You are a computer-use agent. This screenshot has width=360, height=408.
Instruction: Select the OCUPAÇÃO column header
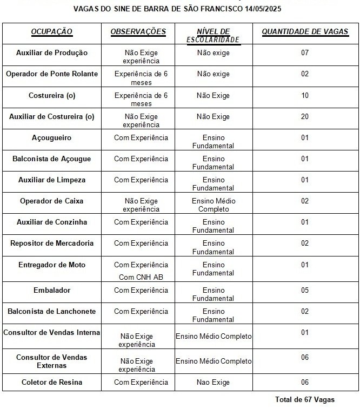(x=52, y=32)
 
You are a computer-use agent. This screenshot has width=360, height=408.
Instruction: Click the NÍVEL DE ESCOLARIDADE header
(x=213, y=36)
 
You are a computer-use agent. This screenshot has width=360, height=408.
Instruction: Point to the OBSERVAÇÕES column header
(x=138, y=32)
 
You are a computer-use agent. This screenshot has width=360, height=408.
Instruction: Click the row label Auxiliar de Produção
(x=52, y=53)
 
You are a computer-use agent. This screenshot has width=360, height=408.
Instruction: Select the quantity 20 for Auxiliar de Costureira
(x=305, y=117)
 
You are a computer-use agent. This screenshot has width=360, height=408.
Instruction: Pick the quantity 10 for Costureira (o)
(x=305, y=96)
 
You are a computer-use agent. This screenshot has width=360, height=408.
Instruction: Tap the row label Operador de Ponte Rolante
(x=52, y=74)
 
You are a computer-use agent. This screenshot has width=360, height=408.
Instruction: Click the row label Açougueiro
(x=52, y=138)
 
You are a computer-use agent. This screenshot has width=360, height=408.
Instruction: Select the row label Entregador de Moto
(x=52, y=265)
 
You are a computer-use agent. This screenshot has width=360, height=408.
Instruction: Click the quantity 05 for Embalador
(x=305, y=291)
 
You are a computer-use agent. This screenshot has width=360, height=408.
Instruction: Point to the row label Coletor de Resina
(x=52, y=383)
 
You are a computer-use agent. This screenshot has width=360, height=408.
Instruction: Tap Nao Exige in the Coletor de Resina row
(x=213, y=383)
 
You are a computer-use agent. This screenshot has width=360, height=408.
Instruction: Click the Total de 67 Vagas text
(x=304, y=400)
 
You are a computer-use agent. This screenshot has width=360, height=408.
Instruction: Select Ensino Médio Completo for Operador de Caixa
(x=213, y=205)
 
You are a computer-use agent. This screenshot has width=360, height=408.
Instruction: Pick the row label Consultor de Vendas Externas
(x=52, y=361)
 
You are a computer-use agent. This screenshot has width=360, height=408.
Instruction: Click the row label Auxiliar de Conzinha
(x=52, y=222)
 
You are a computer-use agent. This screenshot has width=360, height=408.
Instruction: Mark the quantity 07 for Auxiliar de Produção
(x=305, y=53)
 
